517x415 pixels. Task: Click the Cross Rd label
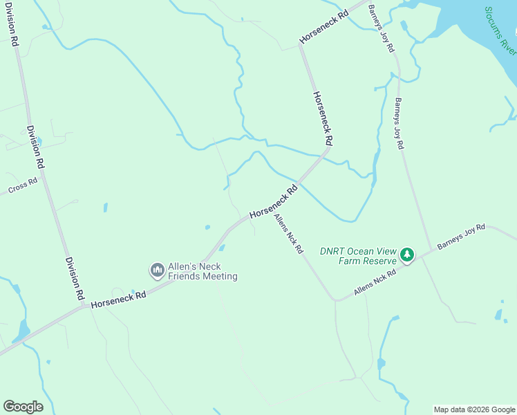(x=22, y=187)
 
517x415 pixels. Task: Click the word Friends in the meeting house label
(x=180, y=277)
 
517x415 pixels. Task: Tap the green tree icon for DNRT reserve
(x=408, y=256)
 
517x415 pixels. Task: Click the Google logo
(x=23, y=407)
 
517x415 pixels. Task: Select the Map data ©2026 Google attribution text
(x=474, y=409)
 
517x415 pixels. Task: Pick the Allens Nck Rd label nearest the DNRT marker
(x=375, y=283)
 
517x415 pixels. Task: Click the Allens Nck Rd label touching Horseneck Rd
(x=288, y=234)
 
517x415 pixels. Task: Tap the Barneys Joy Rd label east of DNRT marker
(x=461, y=237)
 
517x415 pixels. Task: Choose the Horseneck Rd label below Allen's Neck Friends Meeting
(x=118, y=299)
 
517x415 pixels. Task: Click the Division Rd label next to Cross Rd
(x=36, y=147)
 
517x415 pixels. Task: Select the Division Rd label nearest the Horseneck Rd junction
(x=75, y=278)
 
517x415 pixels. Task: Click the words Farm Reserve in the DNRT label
(x=368, y=261)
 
